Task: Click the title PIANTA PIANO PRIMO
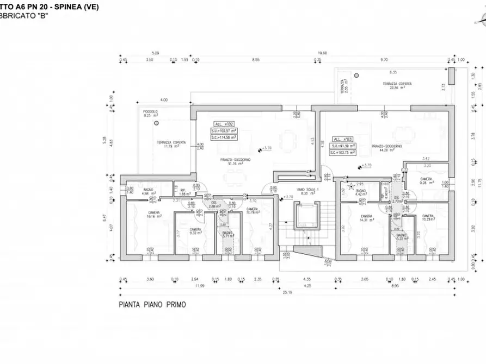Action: point(152,305)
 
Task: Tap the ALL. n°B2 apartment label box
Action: point(223,124)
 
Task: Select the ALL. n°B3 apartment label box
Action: point(341,139)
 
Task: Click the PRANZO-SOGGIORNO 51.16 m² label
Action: point(235,161)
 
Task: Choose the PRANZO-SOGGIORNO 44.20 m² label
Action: point(387,148)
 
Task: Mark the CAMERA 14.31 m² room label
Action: point(366,218)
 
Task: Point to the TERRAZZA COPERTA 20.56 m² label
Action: point(396,86)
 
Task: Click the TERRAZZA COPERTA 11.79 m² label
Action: point(169,144)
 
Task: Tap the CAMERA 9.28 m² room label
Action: point(426,181)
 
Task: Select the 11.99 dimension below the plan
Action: point(200,285)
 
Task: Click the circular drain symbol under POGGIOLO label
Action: point(158,123)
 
